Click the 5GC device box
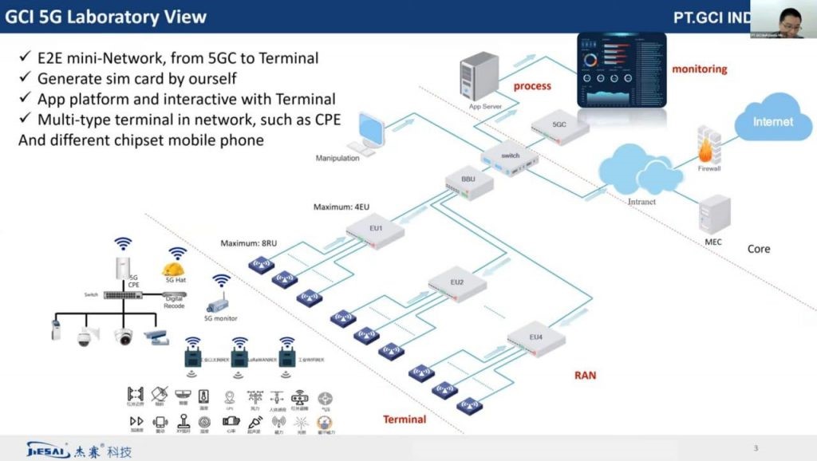pyautogui.click(x=560, y=127)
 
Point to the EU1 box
pyautogui.click(x=376, y=233)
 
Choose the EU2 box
pyautogui.click(x=456, y=285)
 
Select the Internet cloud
pyautogui.click(x=772, y=122)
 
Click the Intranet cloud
pyautogui.click(x=641, y=171)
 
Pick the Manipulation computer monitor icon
pyautogui.click(x=372, y=132)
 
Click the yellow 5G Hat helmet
pyautogui.click(x=174, y=269)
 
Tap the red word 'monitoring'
pyautogui.click(x=700, y=69)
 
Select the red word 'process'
pyautogui.click(x=533, y=85)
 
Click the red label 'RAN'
pyautogui.click(x=585, y=375)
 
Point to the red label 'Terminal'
pyautogui.click(x=405, y=420)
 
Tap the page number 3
pyautogui.click(x=756, y=447)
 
